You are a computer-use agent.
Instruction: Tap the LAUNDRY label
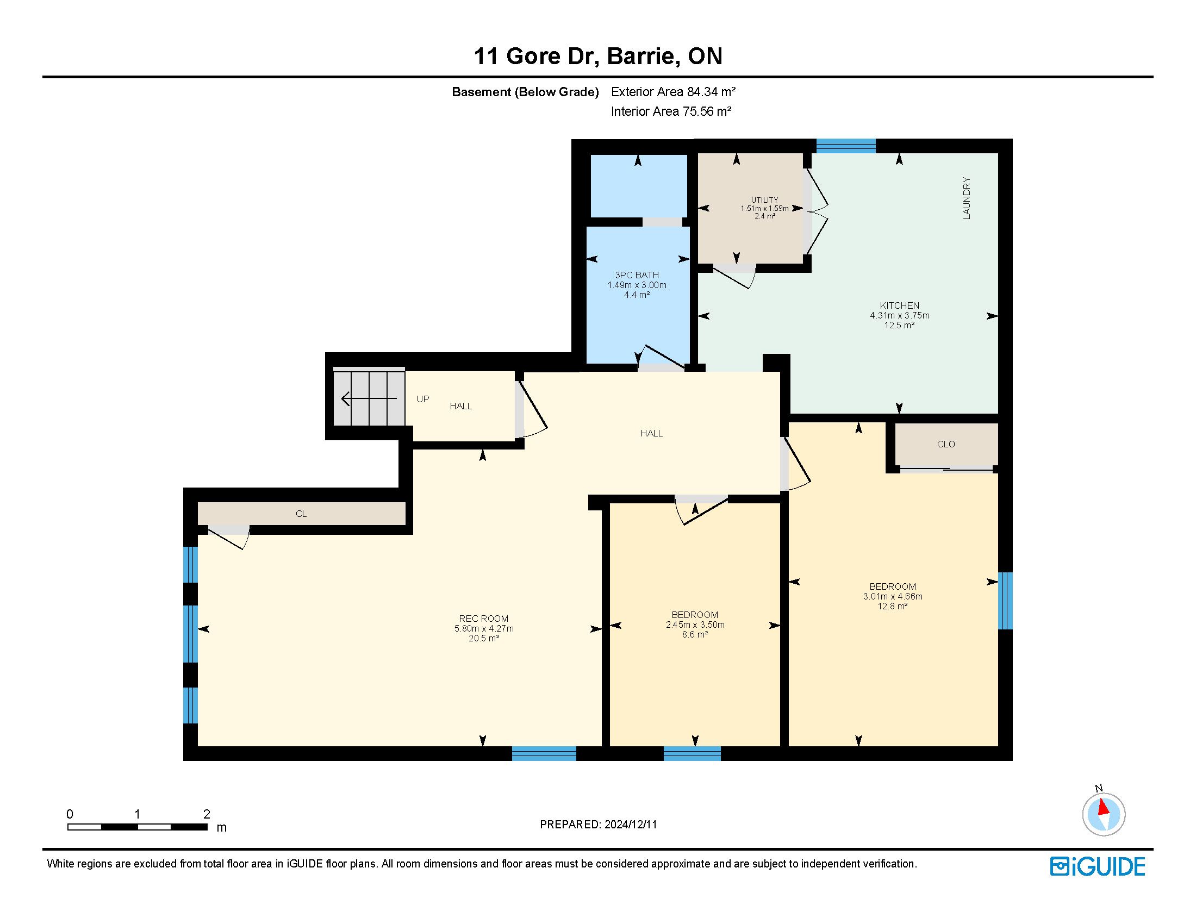tap(967, 198)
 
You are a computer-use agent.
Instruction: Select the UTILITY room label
tap(764, 201)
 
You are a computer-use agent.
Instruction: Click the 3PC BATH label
tap(637, 276)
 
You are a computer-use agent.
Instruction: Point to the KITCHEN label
tap(899, 305)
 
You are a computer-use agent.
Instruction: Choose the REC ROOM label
tap(483, 619)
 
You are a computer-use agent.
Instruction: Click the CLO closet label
tap(946, 444)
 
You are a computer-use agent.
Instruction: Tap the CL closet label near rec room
tap(301, 514)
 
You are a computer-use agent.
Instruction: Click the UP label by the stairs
tap(423, 399)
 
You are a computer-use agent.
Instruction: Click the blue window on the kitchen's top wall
tap(845, 146)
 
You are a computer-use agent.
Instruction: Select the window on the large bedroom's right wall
tap(1005, 601)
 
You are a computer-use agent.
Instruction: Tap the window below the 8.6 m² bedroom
tap(692, 753)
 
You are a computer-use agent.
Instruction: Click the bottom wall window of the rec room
tap(544, 753)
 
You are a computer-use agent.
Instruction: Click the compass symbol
tap(1104, 814)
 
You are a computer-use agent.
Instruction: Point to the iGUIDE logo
tap(1097, 867)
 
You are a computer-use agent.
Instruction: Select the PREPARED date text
tap(598, 825)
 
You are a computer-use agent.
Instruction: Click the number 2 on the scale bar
tap(207, 814)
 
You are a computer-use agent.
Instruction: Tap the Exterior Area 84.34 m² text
tap(673, 91)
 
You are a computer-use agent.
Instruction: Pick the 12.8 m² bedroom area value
tap(893, 606)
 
